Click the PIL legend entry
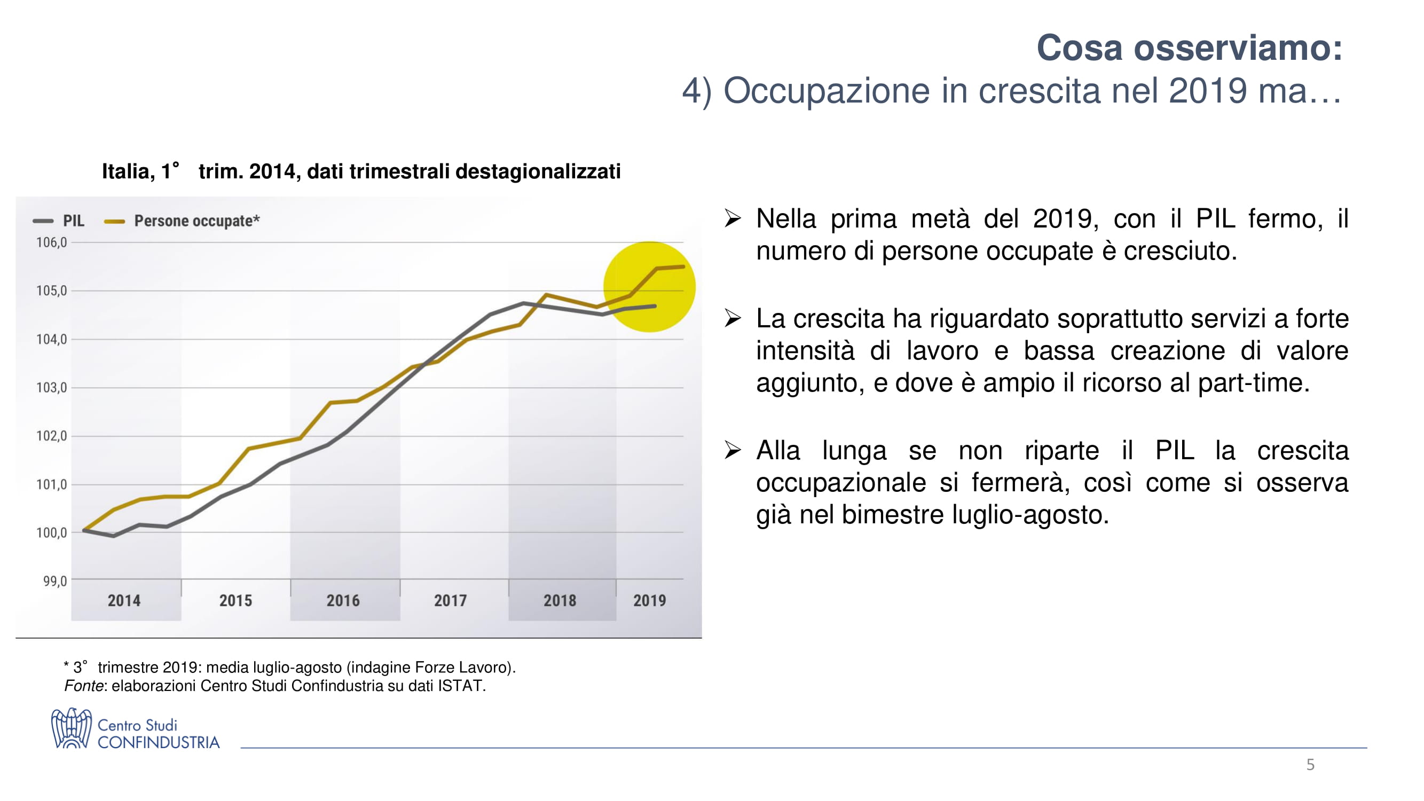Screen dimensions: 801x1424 pyautogui.click(x=59, y=221)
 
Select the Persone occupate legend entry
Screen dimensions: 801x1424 pyautogui.click(x=183, y=221)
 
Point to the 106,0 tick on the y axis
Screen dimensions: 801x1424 pyautogui.click(x=51, y=242)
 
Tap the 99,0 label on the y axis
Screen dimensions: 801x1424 pyautogui.click(x=54, y=581)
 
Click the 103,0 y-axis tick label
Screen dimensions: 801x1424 pyautogui.click(x=51, y=388)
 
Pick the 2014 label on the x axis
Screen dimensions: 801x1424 pyautogui.click(x=124, y=600)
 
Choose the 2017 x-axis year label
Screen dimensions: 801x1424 pyautogui.click(x=451, y=600)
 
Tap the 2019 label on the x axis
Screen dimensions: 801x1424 pyautogui.click(x=650, y=600)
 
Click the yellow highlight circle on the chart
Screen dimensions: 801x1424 pyautogui.click(x=649, y=287)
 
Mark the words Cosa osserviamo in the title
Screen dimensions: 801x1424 pyautogui.click(x=1189, y=48)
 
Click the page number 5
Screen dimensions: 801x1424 pyautogui.click(x=1310, y=765)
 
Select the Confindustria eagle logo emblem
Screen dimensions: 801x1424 pyautogui.click(x=71, y=728)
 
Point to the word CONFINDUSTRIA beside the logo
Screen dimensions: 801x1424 pyautogui.click(x=159, y=742)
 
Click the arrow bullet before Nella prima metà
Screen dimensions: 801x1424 pyautogui.click(x=733, y=218)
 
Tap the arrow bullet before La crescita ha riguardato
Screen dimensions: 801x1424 pyautogui.click(x=733, y=318)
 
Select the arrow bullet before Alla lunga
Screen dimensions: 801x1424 pyautogui.click(x=733, y=450)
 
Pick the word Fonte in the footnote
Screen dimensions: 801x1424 pyautogui.click(x=83, y=686)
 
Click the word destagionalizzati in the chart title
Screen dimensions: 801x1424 pyautogui.click(x=537, y=171)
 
